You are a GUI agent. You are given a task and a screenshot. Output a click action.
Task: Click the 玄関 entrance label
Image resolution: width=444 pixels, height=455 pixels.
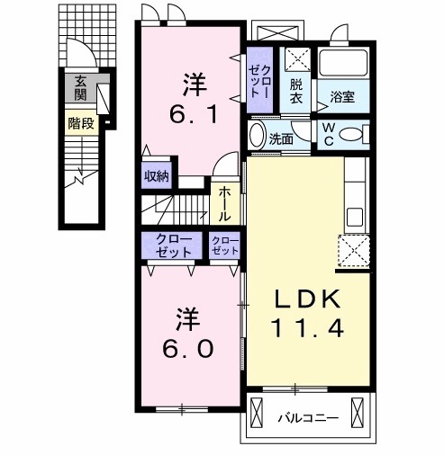(80, 88)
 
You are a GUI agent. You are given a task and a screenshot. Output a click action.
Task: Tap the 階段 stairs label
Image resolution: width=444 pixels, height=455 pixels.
(81, 123)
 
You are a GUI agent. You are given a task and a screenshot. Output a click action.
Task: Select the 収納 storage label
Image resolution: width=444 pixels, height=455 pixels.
(157, 176)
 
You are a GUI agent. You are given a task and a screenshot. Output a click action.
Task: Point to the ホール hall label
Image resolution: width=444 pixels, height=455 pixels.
(224, 204)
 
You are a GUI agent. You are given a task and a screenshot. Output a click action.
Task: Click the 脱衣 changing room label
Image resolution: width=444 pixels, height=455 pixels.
(296, 92)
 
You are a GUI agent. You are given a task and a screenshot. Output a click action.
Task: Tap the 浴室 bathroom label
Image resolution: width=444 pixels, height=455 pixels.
(342, 97)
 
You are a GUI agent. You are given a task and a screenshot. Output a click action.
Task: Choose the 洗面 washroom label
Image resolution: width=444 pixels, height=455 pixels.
(281, 138)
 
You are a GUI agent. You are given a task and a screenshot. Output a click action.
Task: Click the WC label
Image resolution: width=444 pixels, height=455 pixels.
(330, 135)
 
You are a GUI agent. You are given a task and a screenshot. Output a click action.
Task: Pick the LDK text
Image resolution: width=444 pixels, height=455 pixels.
(308, 299)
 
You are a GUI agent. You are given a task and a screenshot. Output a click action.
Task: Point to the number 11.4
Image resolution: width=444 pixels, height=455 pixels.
(307, 328)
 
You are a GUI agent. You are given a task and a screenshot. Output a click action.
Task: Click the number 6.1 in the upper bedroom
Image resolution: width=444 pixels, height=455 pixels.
(194, 114)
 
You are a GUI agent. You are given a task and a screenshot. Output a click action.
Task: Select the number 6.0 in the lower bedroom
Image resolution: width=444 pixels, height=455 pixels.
(188, 349)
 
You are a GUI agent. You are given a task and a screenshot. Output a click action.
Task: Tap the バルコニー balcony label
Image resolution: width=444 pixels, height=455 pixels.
(308, 417)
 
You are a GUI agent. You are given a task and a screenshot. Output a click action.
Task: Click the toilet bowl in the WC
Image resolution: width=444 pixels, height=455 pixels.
(350, 134)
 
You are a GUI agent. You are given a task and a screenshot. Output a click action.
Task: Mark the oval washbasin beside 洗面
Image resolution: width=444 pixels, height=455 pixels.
(258, 135)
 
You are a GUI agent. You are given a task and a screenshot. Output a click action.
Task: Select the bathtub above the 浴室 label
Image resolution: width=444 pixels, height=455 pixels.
(343, 63)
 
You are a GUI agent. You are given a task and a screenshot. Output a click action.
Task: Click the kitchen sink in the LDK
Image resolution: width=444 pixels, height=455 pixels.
(355, 217)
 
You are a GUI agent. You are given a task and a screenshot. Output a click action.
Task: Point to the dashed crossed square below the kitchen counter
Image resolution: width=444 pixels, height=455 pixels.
(354, 251)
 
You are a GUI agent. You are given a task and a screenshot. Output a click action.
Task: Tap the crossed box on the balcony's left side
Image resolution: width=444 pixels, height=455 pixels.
(257, 413)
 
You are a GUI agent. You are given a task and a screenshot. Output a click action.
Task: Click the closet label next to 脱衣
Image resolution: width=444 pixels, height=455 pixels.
(260, 81)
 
